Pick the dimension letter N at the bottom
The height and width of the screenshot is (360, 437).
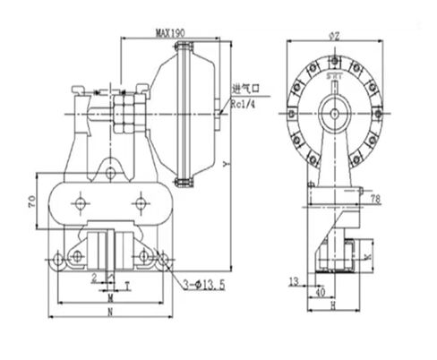pos(108,313)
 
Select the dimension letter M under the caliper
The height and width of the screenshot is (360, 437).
pos(108,296)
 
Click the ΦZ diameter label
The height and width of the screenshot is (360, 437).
pos(332,35)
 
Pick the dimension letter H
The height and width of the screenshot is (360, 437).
pos(332,305)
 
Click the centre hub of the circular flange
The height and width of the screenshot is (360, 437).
pos(332,114)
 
